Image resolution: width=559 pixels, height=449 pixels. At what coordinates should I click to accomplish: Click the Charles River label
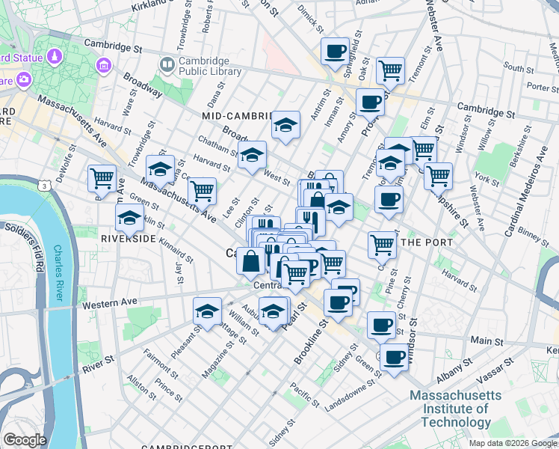[x=58, y=273]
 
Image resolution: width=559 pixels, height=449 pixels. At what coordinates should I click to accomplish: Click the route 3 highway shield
[x=46, y=184]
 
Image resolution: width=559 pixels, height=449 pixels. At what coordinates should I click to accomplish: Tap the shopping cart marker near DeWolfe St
[x=102, y=178]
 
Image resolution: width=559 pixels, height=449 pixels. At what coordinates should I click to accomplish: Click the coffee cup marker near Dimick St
[x=336, y=51]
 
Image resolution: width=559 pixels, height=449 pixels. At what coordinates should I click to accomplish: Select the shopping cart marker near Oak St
[x=390, y=70]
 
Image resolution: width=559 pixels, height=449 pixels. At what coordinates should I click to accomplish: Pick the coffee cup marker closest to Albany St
[x=394, y=356]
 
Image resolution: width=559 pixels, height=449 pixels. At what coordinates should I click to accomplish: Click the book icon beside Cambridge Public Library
[x=167, y=66]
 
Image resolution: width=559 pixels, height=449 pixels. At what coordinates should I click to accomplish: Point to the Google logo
[x=25, y=440]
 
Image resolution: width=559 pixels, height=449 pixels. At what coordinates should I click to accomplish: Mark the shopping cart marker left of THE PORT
[x=382, y=244]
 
